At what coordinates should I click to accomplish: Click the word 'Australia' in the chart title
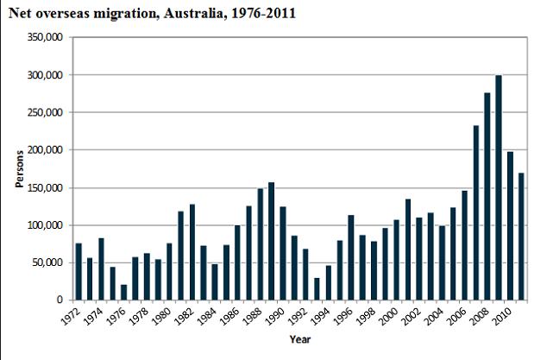click(195, 15)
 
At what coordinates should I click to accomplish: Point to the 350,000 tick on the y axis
click(44, 38)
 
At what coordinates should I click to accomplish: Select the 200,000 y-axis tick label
click(44, 150)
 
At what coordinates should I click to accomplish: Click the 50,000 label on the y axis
click(47, 262)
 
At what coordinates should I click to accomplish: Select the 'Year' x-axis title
click(300, 338)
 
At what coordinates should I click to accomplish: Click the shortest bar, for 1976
click(124, 292)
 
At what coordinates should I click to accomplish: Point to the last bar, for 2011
click(521, 237)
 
